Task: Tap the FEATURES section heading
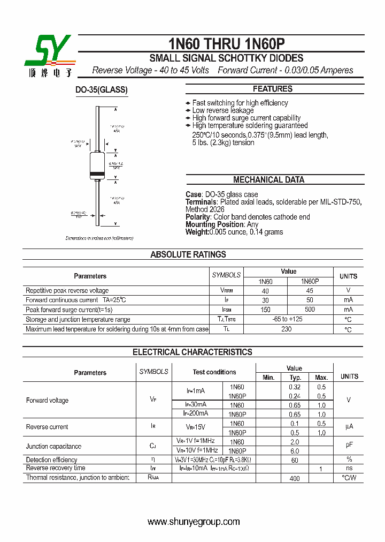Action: [272, 89]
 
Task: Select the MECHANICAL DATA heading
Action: [268, 180]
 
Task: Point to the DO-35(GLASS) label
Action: [101, 90]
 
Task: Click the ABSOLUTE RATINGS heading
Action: [188, 255]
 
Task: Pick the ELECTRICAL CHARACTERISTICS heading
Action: [192, 352]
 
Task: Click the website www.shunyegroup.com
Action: [193, 522]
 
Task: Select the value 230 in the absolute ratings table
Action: [287, 329]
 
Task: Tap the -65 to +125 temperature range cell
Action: [287, 319]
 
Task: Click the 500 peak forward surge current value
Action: [310, 310]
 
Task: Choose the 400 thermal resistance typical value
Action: [295, 478]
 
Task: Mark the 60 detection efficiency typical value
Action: [295, 460]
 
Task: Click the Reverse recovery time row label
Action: [56, 468]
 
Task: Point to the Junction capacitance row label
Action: [53, 446]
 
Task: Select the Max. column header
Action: [321, 378]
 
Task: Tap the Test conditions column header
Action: [214, 372]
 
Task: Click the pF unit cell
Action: [349, 445]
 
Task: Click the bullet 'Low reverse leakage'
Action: [222, 110]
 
